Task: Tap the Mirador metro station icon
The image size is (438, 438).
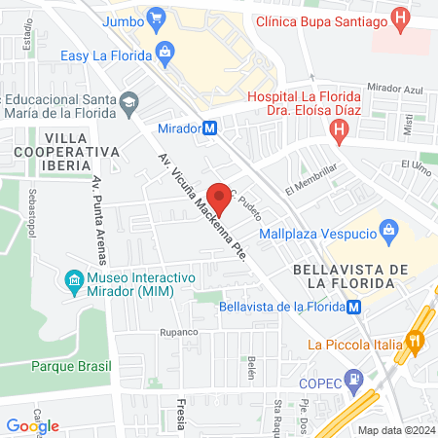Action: click(x=210, y=128)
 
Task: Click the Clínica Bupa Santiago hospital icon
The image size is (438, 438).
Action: click(x=399, y=18)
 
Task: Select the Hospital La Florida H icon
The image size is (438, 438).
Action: click(x=339, y=136)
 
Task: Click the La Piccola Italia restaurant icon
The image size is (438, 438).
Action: click(x=416, y=342)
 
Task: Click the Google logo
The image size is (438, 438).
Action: click(x=33, y=425)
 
